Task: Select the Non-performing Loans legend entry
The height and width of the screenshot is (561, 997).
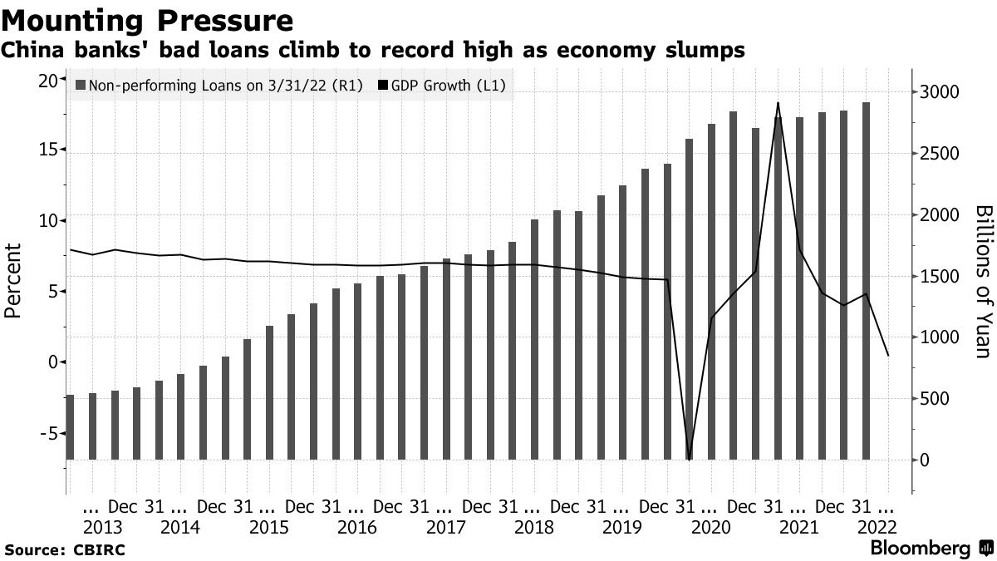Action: pyautogui.click(x=219, y=86)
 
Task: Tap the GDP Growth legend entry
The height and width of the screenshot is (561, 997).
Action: pyautogui.click(x=441, y=86)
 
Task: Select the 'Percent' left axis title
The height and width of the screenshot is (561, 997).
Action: pyautogui.click(x=13, y=281)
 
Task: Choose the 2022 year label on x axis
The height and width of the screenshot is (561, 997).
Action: pyautogui.click(x=879, y=527)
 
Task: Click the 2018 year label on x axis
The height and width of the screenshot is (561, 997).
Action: pyautogui.click(x=533, y=527)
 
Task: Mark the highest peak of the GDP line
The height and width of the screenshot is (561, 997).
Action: pyautogui.click(x=778, y=103)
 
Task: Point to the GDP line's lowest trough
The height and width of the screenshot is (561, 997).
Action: pyautogui.click(x=690, y=459)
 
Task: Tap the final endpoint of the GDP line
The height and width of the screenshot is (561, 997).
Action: pyautogui.click(x=889, y=379)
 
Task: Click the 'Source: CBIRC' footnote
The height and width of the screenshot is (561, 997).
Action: pyautogui.click(x=65, y=549)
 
